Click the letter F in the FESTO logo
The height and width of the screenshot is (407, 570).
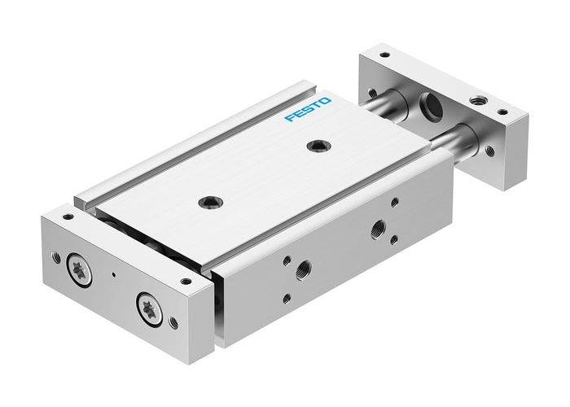click(289, 120)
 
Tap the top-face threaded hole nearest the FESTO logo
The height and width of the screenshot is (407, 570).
click(314, 147)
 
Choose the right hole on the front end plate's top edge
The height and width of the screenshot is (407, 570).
click(186, 282)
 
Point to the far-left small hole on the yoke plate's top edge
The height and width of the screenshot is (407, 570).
click(384, 56)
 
